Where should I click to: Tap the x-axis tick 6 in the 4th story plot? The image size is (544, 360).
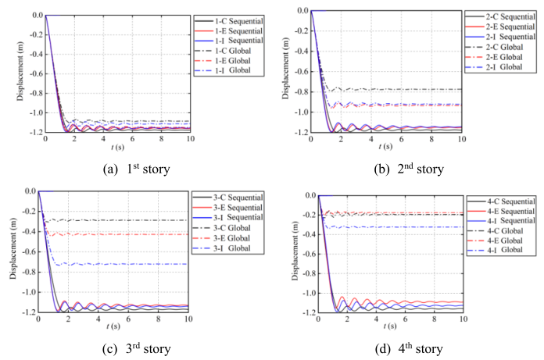405,320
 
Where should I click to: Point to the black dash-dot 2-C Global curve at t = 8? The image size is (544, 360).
431,89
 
